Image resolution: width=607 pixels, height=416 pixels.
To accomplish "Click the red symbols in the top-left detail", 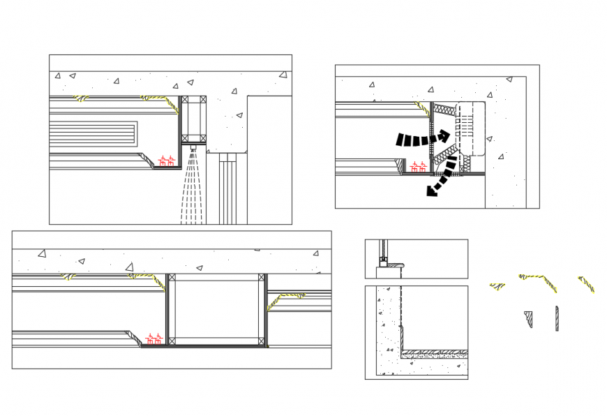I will point(166,162).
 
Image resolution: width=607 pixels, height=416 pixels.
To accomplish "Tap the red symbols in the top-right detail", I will point(418,168).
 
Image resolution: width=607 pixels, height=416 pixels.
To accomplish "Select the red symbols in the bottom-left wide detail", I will point(154,340).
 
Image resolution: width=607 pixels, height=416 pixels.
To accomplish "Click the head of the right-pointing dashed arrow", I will point(444,137).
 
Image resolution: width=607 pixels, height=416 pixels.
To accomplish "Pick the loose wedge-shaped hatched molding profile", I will point(528,318).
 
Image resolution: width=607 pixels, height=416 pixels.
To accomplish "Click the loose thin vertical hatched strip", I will point(557,318).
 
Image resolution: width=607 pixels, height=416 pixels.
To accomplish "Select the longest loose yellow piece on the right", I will point(540,281).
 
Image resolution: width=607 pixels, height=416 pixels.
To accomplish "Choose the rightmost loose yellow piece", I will point(587,283).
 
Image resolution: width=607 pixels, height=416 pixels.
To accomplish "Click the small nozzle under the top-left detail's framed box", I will point(194,147).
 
